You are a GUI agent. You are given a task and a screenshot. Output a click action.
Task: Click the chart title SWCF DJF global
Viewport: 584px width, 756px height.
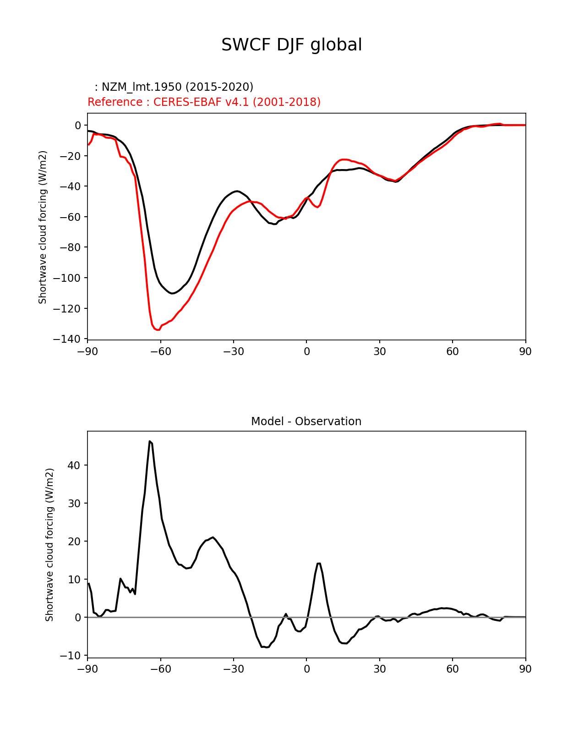coord(292,45)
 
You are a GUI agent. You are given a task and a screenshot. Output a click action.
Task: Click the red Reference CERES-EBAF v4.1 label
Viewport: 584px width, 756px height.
coord(204,102)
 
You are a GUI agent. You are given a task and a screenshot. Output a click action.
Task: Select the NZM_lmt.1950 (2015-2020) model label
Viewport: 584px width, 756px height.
coord(174,87)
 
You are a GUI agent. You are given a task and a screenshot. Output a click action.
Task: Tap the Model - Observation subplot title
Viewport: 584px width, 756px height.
coord(306,422)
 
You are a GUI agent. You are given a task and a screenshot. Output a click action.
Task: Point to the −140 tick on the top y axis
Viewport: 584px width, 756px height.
coord(67,339)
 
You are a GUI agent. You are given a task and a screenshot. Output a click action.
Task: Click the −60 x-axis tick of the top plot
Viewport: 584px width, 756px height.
coord(160,351)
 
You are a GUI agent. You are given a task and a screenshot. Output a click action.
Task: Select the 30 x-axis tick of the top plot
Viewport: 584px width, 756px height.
coord(379,351)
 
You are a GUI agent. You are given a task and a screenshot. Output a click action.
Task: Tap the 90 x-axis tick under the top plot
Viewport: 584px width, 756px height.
coord(525,351)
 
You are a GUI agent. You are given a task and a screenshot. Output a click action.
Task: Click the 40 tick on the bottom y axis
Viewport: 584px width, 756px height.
coord(74,465)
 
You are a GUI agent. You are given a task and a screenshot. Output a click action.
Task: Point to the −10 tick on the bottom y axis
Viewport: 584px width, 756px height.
coord(71,656)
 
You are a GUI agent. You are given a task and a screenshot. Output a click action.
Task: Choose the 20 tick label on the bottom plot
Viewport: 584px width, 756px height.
coord(74,541)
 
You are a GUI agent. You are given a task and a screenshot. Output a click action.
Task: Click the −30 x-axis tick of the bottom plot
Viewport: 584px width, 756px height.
coord(233,669)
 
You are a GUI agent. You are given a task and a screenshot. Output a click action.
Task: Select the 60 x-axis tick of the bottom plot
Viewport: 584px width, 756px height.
coord(452,669)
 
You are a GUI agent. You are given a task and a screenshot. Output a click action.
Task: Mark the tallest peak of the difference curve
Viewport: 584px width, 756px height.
coord(150,441)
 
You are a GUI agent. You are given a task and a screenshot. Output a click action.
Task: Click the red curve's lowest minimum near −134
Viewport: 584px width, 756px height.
coord(158,329)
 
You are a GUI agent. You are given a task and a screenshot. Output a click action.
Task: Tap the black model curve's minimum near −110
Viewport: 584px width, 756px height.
coord(172,293)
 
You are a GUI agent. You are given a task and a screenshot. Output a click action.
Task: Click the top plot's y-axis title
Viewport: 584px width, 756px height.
coord(43,227)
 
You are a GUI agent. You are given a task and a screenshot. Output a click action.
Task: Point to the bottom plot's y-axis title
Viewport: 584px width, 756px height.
coord(50,545)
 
